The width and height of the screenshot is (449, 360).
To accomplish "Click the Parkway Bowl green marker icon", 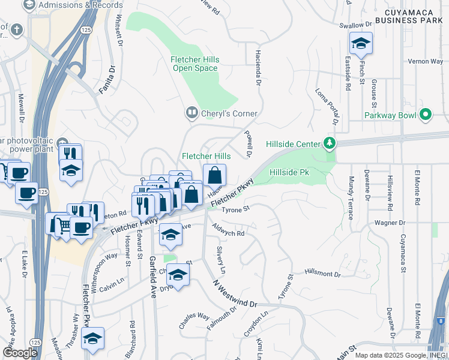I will [x=426, y=114].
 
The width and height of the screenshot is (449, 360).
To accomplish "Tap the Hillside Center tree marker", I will [x=329, y=143].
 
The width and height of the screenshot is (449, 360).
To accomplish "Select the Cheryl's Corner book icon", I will [x=192, y=112].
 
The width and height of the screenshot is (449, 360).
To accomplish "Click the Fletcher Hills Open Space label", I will [x=195, y=64].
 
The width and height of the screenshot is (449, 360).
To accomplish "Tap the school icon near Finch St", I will [x=361, y=44].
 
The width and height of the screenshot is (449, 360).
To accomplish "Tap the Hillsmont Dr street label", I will [x=322, y=274].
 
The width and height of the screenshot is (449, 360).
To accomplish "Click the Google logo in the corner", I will [x=20, y=352].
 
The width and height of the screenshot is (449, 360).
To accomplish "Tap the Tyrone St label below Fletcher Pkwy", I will [x=235, y=209].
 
